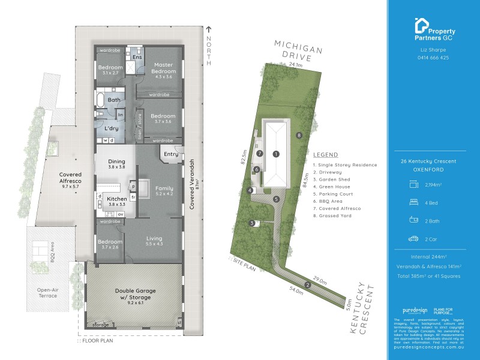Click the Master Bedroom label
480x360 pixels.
(163, 68)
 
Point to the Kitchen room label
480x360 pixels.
(116, 199)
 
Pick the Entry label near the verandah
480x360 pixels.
(171, 154)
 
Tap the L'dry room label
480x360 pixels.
(110, 129)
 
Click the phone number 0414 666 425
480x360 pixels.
(433, 58)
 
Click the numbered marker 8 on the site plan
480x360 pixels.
(299, 135)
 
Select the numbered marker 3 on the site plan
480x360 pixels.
(251, 224)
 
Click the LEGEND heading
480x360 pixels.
(325, 154)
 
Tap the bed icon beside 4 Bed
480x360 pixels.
(413, 202)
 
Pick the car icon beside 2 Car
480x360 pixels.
(413, 238)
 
